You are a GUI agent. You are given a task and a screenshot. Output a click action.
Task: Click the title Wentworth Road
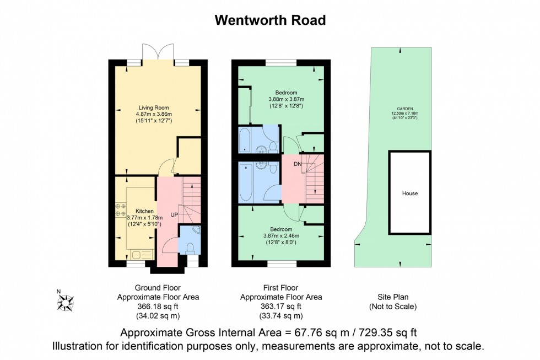pos(270,20)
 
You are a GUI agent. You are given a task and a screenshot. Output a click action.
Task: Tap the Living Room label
pos(154,108)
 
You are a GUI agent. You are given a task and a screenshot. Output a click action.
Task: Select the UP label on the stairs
pos(174,214)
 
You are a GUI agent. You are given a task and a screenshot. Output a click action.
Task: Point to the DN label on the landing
pos(298,164)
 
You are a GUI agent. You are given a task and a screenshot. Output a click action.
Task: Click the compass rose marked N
pos(66,302)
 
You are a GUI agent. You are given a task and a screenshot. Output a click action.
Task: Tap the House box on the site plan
pos(409,194)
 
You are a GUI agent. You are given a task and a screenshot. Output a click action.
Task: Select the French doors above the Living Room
pos(159,52)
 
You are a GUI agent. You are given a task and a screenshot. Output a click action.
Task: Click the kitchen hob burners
pos(120,210)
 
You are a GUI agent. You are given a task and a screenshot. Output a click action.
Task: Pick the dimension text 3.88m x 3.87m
pos(287,99)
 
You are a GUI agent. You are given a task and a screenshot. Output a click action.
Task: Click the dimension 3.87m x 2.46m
pos(285,235)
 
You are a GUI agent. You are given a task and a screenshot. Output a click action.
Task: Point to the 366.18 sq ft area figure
pos(158,307)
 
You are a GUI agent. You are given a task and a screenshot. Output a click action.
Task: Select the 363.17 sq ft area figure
pos(281,307)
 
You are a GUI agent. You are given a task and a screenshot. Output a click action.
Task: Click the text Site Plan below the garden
pos(392,297)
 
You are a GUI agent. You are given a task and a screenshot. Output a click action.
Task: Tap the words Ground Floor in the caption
pos(158,288)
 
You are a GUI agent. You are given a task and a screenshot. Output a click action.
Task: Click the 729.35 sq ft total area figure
pos(387,333)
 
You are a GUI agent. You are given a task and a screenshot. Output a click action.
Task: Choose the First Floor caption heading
pos(281,288)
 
